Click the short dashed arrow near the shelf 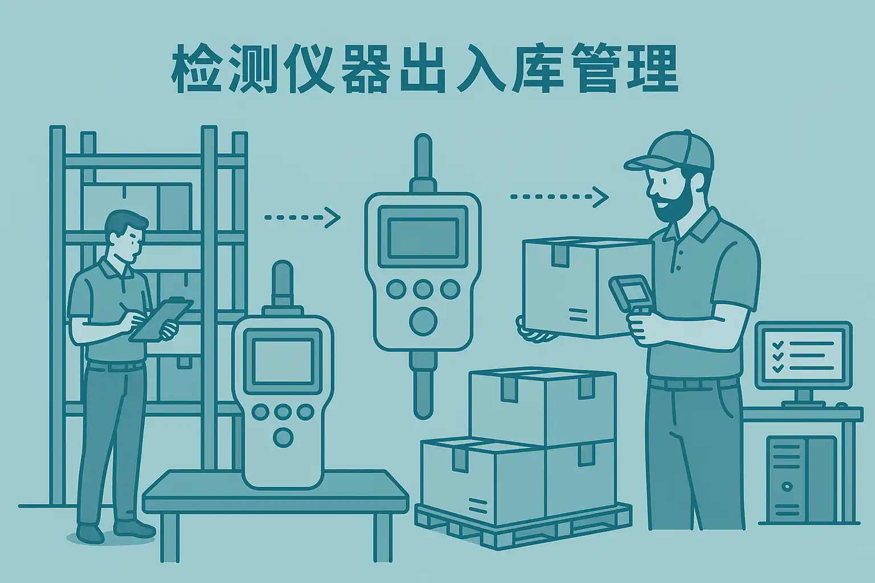pyautogui.click(x=302, y=217)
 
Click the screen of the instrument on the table pyautogui.click(x=283, y=361)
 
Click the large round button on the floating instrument pyautogui.click(x=423, y=321)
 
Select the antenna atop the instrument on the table pyautogui.click(x=283, y=283)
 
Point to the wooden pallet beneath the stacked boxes pyautogui.click(x=524, y=525)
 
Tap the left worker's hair pyautogui.click(x=126, y=223)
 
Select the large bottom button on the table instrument pyautogui.click(x=283, y=437)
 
